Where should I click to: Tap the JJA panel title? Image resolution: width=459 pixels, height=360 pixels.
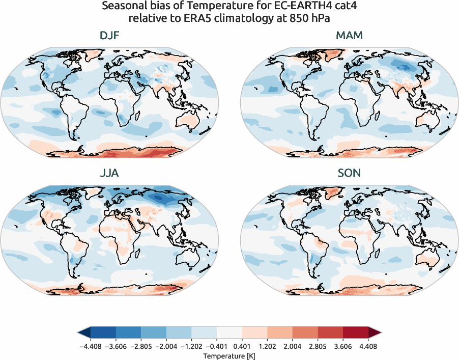point(109,173)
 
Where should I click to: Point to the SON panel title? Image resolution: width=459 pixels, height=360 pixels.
point(349,173)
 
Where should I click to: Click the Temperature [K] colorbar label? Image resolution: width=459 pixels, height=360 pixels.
point(230,355)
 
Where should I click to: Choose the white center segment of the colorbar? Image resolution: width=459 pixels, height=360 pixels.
point(230,333)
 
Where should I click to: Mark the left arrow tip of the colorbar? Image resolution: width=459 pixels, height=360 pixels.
point(79,333)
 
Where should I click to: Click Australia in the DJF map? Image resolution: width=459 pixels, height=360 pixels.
point(189,120)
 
